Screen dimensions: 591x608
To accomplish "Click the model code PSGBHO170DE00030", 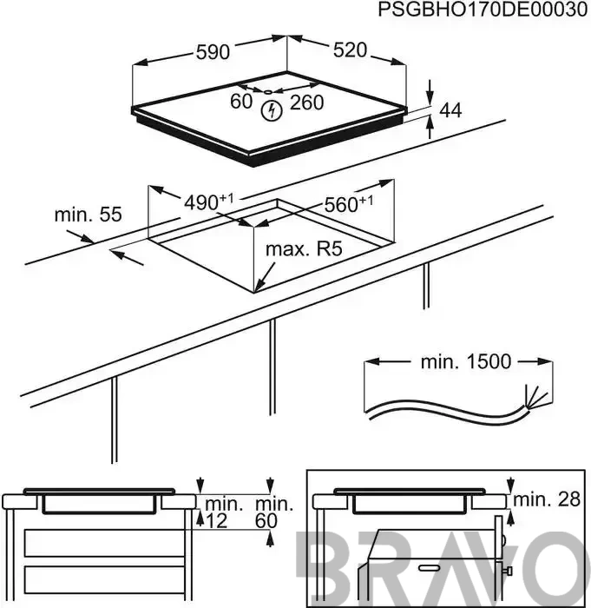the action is pos(483,10).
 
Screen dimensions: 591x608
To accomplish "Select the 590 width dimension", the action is pos(213,52).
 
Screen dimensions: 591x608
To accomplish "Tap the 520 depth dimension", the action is pos(350,50).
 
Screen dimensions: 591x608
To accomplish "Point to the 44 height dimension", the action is pos(450,110).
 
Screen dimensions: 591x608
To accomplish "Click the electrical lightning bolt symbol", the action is pos(272,111).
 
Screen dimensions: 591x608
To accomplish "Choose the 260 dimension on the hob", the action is pos(306,102).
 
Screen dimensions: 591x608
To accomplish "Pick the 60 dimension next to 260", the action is pos(241,102).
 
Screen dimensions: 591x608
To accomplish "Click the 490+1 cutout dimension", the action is pos(209,202).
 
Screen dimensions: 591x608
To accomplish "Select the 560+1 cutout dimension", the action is pos(349,204).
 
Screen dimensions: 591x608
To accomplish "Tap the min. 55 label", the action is pos(88,215).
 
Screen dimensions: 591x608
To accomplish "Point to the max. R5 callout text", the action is pos(304,249).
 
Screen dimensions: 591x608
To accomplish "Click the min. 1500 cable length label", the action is pos(466,362).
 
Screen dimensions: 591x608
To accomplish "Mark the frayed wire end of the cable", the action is pos(536,396).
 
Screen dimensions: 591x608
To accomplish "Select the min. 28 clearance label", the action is pos(547,499).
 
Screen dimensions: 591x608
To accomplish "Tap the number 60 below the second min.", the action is pos(266,521).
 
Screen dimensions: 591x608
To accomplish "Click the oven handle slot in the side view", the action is pos(431,567).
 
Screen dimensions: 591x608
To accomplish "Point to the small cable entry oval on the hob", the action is pos(267,92).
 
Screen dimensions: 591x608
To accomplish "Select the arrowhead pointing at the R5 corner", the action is pos(258,287).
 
